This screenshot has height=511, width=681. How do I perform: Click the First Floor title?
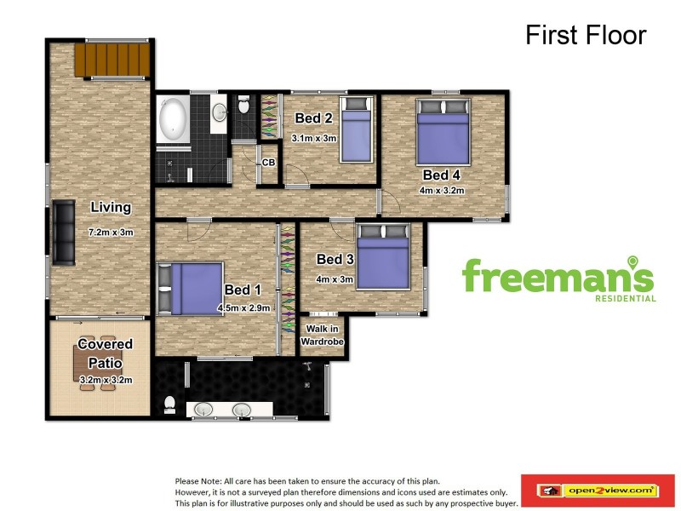click(586, 35)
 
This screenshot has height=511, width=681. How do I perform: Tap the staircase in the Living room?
click(112, 59)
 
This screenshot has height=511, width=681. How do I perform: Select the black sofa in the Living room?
click(64, 233)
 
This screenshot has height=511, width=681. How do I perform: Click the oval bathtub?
click(173, 118)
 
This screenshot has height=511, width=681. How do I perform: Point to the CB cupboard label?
click(268, 163)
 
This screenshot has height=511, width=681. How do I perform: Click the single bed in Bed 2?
click(357, 129)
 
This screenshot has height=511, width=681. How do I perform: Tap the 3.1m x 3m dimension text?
click(314, 139)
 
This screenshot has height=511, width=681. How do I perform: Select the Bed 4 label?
click(441, 175)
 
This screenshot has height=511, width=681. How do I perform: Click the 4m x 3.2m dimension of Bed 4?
click(442, 190)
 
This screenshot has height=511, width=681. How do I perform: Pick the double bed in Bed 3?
click(384, 256)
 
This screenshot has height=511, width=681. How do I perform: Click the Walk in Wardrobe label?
click(322, 336)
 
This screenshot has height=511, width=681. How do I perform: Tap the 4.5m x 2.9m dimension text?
click(244, 308)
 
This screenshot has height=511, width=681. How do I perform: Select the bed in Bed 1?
click(191, 289)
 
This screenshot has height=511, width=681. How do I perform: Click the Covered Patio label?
click(105, 353)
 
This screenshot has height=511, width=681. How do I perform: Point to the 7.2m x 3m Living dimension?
click(111, 233)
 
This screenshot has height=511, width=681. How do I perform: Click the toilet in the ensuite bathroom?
click(169, 405)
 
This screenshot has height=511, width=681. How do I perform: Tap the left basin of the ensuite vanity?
click(203, 410)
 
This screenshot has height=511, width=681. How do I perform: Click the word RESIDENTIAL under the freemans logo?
click(626, 299)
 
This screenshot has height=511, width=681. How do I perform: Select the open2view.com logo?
click(598, 491)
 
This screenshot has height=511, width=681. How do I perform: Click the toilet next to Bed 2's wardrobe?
click(243, 105)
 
